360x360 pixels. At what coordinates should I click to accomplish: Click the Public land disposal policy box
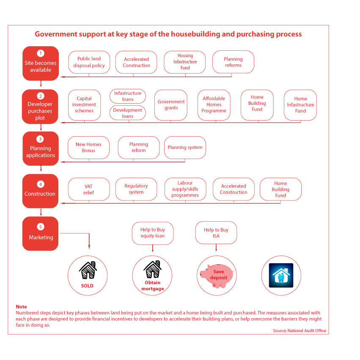point(89,62)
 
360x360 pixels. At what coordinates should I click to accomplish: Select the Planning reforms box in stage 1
point(233,62)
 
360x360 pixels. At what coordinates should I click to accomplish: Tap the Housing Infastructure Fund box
point(185,62)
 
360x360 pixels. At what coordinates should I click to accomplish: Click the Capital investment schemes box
point(84,105)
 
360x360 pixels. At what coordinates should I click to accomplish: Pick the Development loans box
point(128,113)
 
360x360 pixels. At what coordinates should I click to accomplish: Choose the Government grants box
point(171,105)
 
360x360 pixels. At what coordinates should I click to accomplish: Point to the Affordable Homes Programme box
point(214,105)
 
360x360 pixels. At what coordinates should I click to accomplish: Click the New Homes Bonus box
point(88,148)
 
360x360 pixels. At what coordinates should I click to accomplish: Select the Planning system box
point(185,148)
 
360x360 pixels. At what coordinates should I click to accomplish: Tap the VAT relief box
point(89,189)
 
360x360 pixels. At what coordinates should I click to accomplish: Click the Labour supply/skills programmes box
point(185,189)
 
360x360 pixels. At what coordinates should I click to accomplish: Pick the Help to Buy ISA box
point(216,233)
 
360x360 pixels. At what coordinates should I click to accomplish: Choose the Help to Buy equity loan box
point(153,233)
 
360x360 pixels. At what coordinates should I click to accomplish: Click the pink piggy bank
point(217,276)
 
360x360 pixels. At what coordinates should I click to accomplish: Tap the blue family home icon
point(281,275)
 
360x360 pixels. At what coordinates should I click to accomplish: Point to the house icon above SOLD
point(88,270)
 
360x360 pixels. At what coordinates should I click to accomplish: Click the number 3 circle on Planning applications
point(40,139)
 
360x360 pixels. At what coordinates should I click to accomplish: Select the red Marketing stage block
point(41,234)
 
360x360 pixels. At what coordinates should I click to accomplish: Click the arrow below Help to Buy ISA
point(216,248)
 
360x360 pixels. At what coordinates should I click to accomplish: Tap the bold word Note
point(21,307)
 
